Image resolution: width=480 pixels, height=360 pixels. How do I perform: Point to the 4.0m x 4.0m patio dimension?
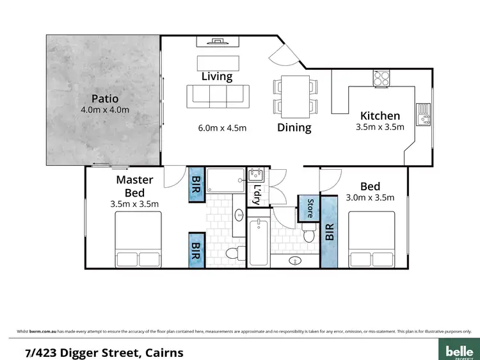(106, 110)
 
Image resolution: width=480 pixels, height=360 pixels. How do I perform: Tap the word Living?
(217, 76)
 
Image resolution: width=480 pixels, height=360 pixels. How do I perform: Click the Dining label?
(294, 127)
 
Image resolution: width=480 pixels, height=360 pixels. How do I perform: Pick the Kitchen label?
(380, 116)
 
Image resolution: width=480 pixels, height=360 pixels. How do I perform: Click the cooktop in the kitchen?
(382, 78)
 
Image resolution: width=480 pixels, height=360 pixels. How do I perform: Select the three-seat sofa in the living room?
(217, 97)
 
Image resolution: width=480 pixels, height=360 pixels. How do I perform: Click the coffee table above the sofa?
(218, 62)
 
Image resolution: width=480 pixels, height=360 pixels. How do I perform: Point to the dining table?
(294, 95)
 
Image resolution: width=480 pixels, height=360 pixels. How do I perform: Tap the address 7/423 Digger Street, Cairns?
(104, 352)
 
